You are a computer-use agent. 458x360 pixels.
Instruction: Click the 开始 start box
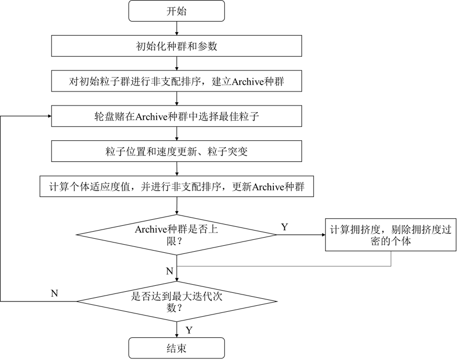[x=176, y=11]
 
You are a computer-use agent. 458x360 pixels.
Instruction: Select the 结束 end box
[x=176, y=348]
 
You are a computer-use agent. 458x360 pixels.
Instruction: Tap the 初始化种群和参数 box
[x=176, y=46]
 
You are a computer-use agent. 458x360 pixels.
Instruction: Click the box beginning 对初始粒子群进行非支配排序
[x=176, y=82]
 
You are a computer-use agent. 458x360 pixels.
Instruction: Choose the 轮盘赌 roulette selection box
[x=176, y=116]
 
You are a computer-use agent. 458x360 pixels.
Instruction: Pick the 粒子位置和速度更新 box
[x=176, y=152]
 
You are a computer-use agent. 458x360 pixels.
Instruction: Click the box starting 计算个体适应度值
[x=176, y=187]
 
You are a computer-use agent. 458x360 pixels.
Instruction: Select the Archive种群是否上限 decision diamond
[x=176, y=235]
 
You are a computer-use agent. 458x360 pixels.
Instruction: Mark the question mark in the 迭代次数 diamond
[x=179, y=308]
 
